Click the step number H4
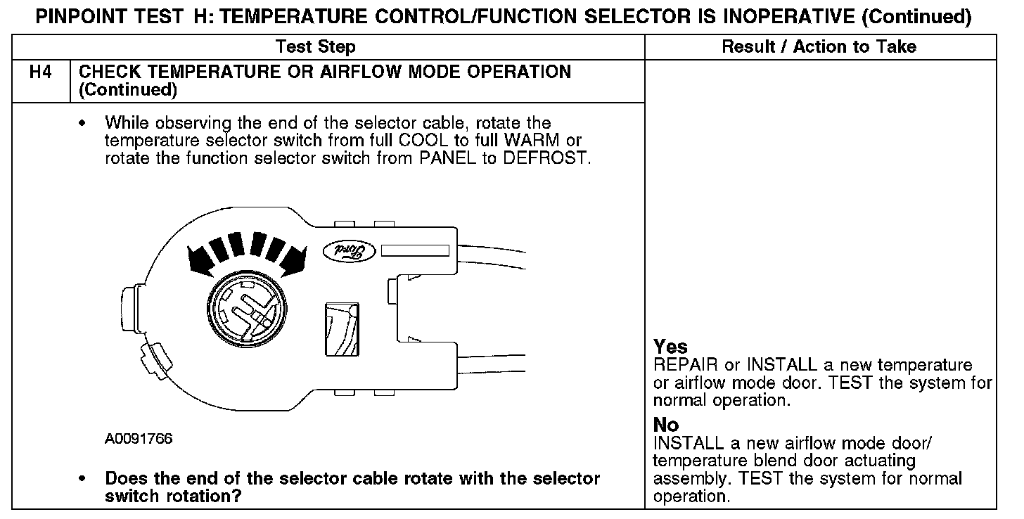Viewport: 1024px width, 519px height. [x=41, y=72]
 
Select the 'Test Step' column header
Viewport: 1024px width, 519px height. [x=315, y=47]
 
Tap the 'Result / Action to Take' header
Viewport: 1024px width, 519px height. [x=819, y=47]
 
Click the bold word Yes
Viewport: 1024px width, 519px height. [x=670, y=347]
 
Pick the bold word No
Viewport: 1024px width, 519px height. [x=666, y=425]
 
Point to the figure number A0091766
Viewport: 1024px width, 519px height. [x=139, y=440]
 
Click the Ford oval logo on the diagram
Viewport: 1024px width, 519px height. [x=346, y=250]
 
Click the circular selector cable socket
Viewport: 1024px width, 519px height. [x=245, y=309]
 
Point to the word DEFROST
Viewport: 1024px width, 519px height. [x=546, y=158]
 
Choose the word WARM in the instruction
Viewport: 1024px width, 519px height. [x=532, y=141]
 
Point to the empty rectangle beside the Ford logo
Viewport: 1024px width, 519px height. [x=414, y=250]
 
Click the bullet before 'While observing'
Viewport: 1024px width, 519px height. [x=84, y=124]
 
